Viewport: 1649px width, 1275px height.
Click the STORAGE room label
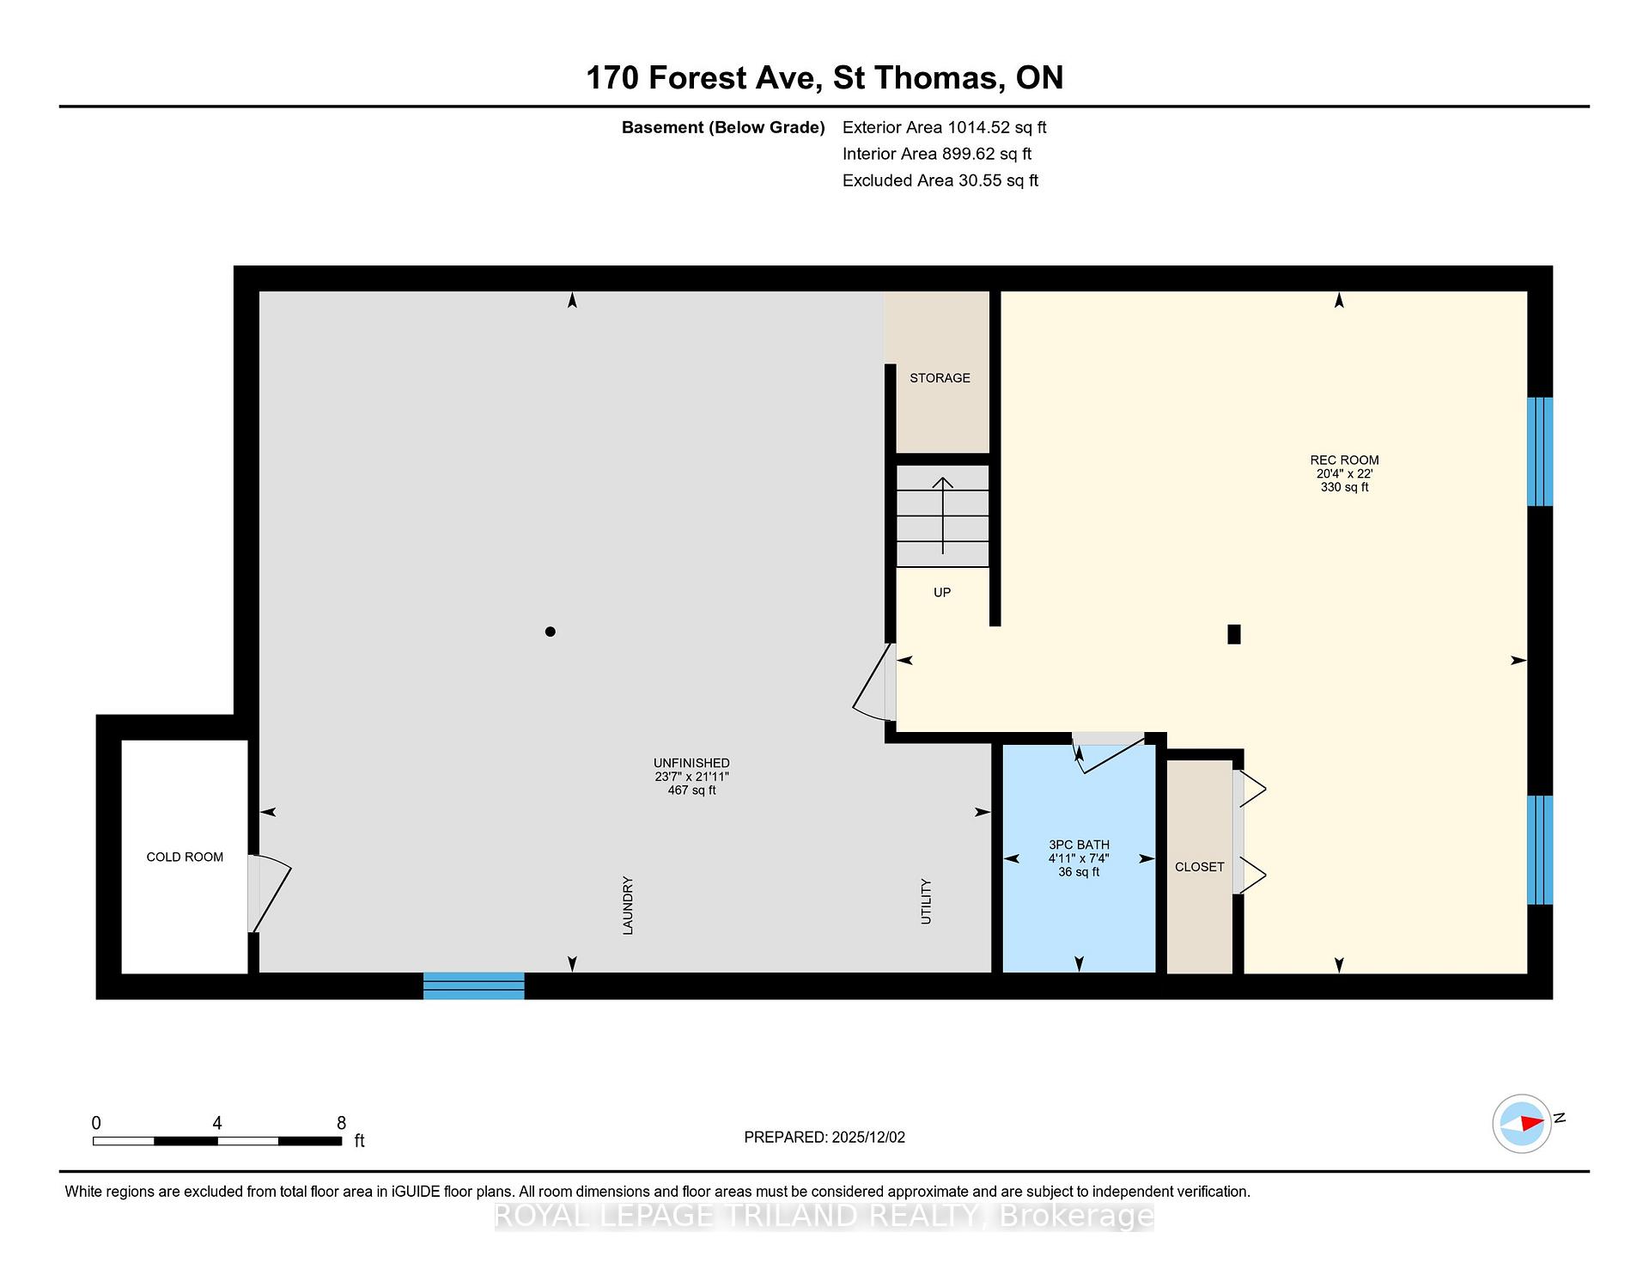[940, 378]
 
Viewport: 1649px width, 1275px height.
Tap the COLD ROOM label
[185, 857]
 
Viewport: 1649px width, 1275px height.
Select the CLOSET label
[1199, 867]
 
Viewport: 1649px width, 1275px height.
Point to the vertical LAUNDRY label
[628, 906]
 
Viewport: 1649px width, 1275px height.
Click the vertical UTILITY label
[926, 901]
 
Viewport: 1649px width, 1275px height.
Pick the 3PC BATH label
[1079, 845]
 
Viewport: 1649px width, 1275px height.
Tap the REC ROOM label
[1344, 460]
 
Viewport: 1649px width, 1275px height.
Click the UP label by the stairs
[942, 592]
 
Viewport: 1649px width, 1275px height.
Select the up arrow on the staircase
[943, 515]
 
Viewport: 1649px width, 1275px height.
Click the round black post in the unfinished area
[551, 631]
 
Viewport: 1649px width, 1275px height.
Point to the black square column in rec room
[1234, 634]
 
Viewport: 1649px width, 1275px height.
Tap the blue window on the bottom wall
[474, 985]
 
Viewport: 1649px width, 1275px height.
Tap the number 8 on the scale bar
[341, 1123]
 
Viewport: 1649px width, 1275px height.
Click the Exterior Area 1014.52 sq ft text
[944, 127]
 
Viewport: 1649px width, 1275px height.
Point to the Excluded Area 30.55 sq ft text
[940, 180]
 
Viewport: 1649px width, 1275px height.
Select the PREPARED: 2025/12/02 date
[824, 1137]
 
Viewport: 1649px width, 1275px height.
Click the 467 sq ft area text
[691, 790]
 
